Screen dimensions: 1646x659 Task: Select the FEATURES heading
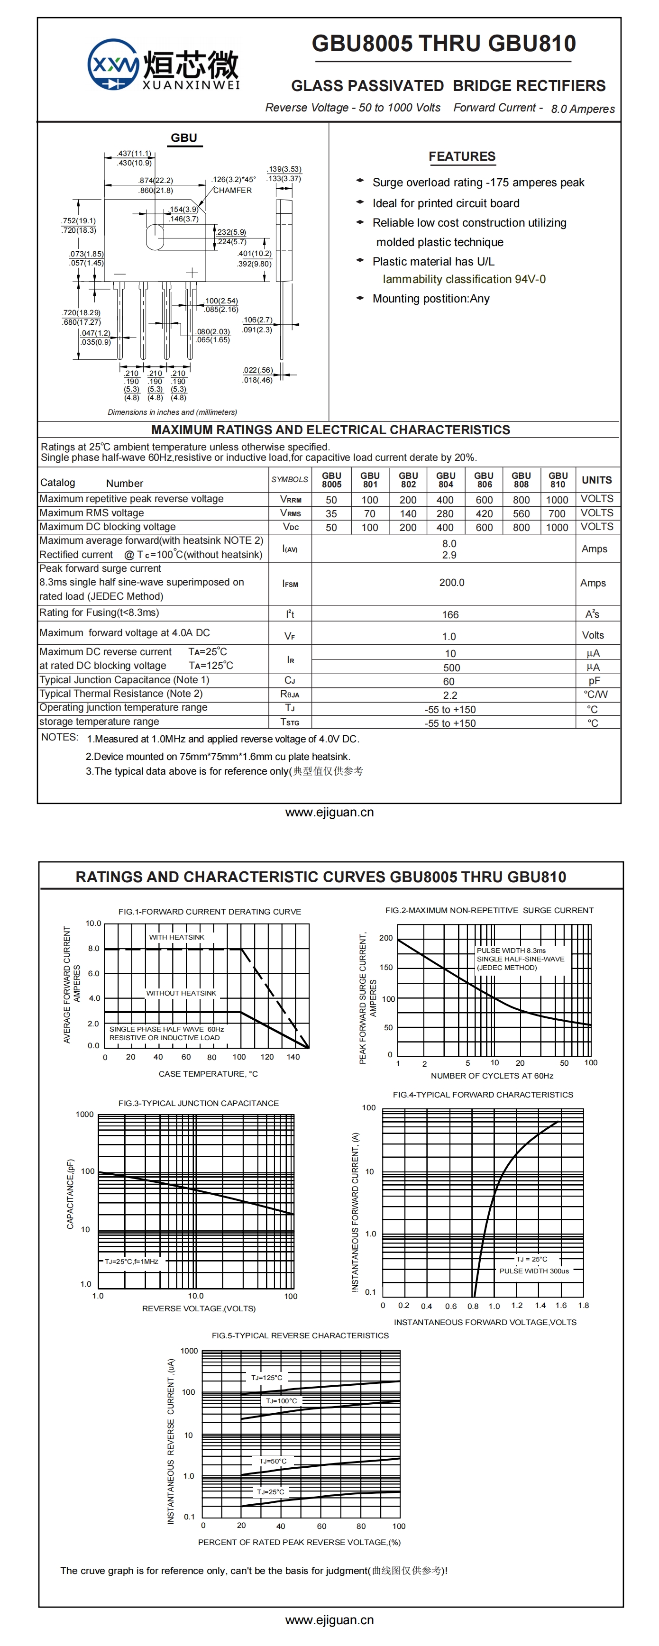coord(461,156)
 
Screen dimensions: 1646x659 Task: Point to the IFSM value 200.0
coord(451,583)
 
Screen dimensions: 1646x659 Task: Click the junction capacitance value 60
coord(448,682)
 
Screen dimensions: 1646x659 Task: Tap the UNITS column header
coord(596,480)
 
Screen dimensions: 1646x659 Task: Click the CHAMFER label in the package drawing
coord(232,191)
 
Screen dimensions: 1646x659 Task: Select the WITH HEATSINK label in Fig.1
coord(176,937)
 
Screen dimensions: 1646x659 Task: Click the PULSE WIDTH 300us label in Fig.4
coord(534,1271)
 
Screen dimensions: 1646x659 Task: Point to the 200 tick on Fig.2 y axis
coord(386,938)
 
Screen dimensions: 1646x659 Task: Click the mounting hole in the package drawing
coord(154,237)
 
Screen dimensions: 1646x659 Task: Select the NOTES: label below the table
coord(59,737)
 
